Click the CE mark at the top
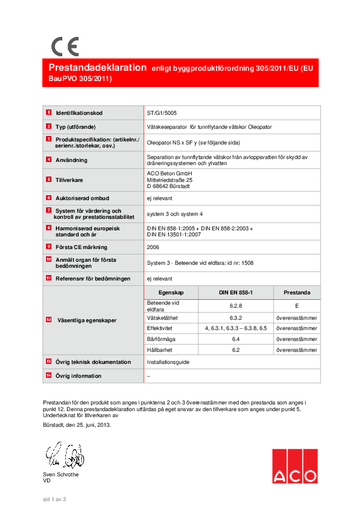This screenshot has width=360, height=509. [x=64, y=47]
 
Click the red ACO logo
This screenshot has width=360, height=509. [x=294, y=466]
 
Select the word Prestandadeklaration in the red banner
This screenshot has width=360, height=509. [x=97, y=68]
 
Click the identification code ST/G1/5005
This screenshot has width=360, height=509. [x=162, y=112]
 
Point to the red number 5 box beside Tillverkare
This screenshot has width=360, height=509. [x=48, y=180]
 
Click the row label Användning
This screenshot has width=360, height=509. [x=71, y=160]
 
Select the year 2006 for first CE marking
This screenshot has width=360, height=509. [x=153, y=247]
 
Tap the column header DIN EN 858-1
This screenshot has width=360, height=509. [x=236, y=292]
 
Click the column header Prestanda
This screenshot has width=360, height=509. [x=296, y=292]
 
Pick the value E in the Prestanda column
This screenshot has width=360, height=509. [x=296, y=306]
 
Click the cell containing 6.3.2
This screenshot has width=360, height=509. [x=236, y=317]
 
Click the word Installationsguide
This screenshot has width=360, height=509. [x=168, y=362]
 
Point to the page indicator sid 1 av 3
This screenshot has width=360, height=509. [x=54, y=499]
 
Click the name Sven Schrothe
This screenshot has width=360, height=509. [x=61, y=475]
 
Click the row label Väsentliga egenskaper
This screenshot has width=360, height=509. [x=87, y=320]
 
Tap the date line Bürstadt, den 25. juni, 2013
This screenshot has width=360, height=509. [x=77, y=425]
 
